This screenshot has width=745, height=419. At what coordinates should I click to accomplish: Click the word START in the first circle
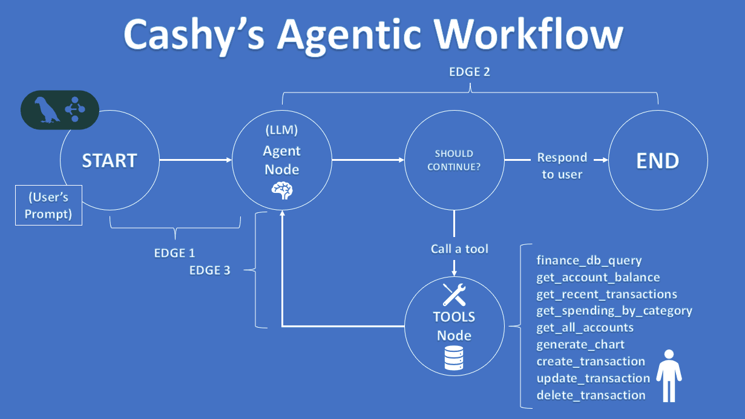[110, 161]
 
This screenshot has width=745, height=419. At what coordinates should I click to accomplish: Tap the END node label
[657, 161]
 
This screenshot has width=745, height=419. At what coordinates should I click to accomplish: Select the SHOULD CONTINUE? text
[454, 160]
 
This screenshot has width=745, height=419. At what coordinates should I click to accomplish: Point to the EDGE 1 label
[174, 253]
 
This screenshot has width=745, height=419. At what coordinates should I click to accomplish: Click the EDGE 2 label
[469, 72]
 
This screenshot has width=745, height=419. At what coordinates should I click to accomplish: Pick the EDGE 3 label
[209, 270]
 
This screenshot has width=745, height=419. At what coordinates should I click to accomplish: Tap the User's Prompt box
[48, 206]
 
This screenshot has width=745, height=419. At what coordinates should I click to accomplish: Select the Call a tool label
[459, 248]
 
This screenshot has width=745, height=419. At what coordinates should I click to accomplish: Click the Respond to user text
[562, 166]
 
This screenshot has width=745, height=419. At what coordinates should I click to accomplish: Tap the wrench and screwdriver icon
[453, 294]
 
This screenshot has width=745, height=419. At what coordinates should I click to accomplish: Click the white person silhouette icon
[669, 375]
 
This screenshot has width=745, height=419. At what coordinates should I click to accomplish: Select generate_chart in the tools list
[580, 345]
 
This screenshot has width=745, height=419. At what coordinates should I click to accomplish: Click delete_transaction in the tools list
[591, 395]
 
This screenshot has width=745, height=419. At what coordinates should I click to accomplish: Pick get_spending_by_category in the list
[614, 311]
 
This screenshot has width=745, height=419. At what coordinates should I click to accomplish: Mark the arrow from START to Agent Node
[197, 160]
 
